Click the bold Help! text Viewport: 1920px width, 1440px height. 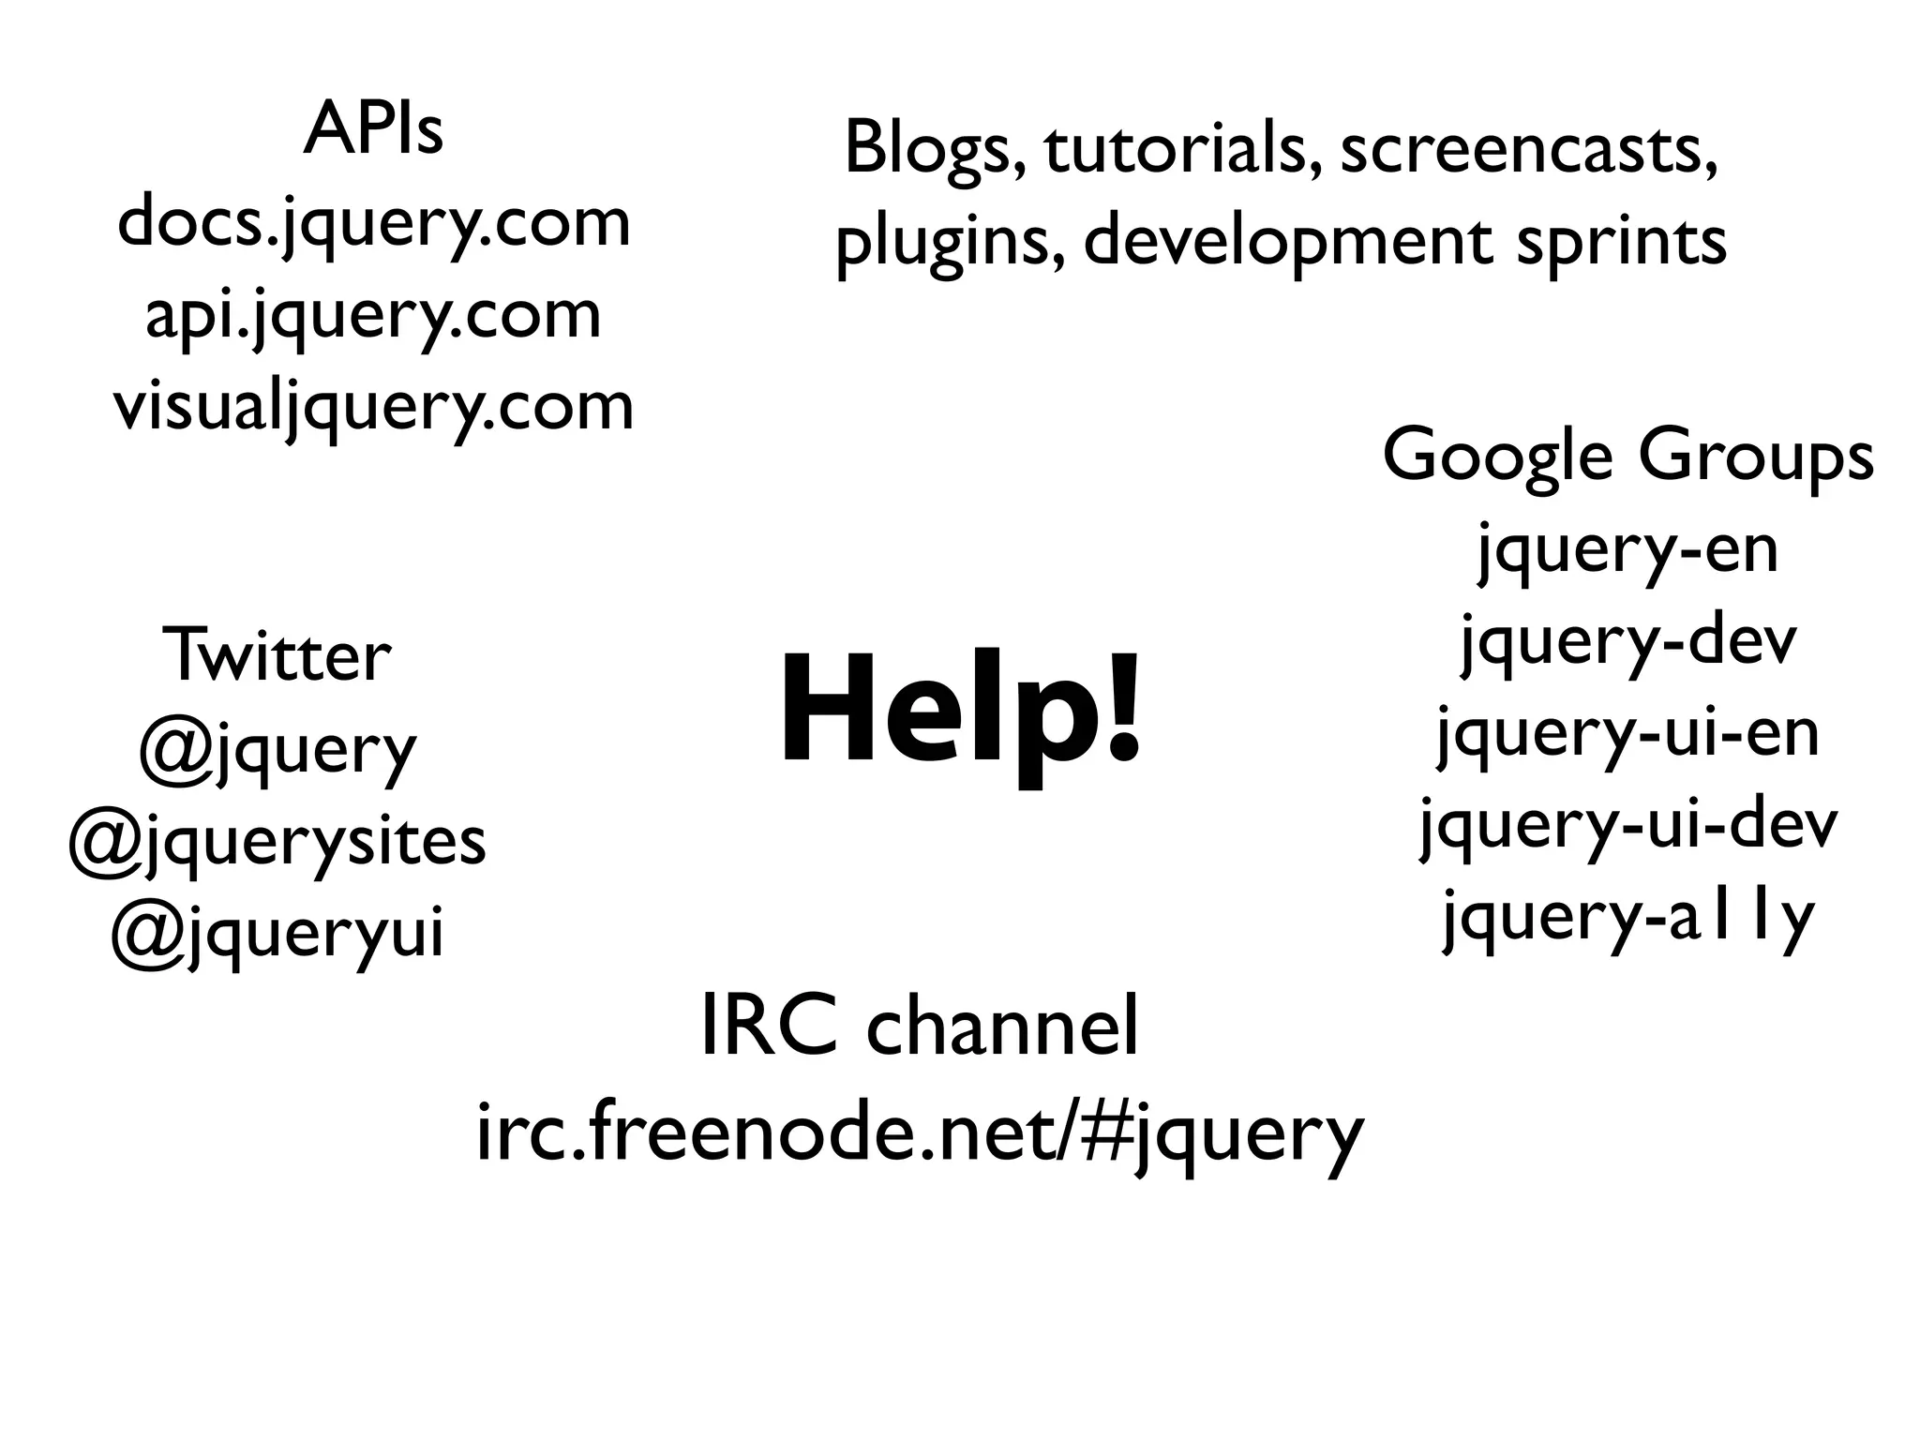960,710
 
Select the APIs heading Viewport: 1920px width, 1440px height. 373,130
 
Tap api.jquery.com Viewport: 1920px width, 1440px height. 373,317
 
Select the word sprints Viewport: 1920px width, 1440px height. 1621,242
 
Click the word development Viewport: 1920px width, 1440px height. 1287,242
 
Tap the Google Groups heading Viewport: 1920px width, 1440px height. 1627,457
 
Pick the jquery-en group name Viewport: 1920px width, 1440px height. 1627,550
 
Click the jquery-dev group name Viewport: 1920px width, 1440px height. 1627,643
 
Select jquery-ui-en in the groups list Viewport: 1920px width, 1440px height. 1627,734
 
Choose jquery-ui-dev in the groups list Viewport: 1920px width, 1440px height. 1627,826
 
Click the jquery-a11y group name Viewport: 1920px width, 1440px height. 1627,918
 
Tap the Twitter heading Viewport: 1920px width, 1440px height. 277,655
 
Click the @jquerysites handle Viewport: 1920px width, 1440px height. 277,841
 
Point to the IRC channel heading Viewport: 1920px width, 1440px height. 920,1027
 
